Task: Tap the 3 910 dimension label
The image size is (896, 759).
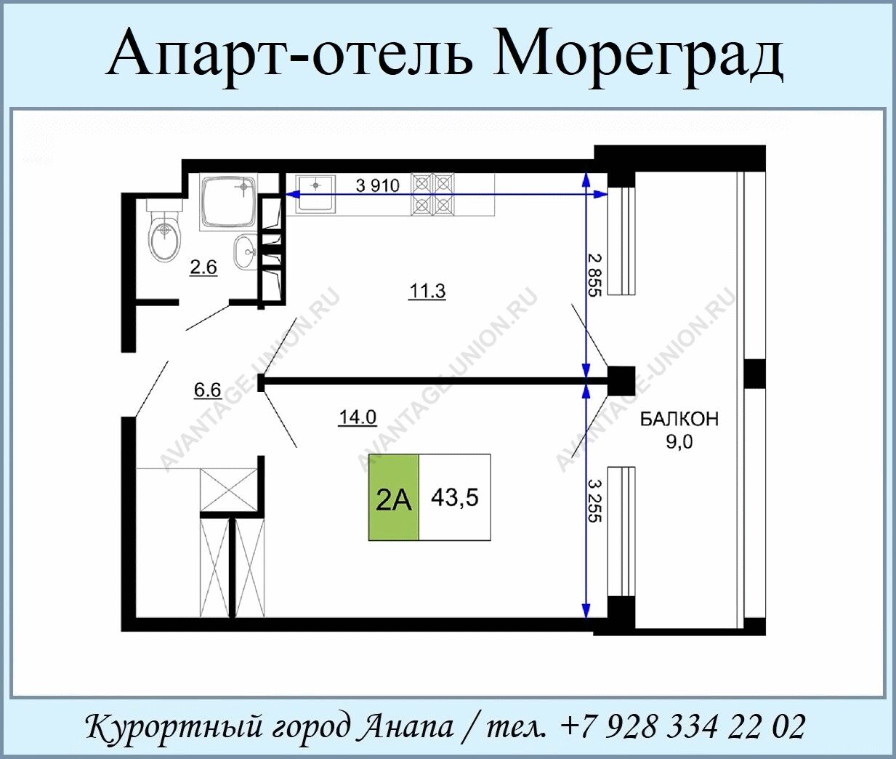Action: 378,185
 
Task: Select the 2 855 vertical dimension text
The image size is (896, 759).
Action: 594,275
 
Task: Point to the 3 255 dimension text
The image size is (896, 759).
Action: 594,500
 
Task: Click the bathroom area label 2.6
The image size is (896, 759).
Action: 203,268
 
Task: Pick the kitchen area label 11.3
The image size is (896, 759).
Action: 427,292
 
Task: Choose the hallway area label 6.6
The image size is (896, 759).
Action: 207,390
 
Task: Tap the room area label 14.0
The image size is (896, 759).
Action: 358,417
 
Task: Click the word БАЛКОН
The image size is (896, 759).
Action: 679,419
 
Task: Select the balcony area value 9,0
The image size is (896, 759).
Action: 679,441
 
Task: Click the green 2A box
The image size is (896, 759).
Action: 394,497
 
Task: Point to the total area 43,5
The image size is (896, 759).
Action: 455,497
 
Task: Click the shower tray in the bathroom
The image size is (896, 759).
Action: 228,202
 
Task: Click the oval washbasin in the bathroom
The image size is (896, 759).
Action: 246,252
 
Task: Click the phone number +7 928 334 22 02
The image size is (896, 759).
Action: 682,726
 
